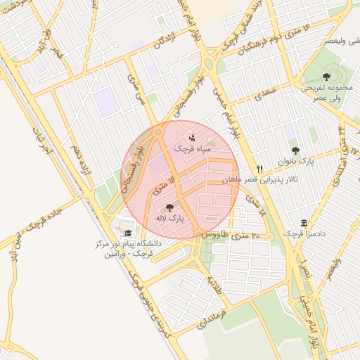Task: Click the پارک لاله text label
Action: [x=169, y=219]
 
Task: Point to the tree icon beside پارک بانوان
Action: [x=295, y=150]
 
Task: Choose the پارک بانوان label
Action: [x=295, y=162]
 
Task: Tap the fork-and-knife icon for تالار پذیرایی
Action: [x=260, y=169]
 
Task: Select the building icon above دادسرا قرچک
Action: [x=303, y=221]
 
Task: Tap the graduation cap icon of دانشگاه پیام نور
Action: [x=127, y=233]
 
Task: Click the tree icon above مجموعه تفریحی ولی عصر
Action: [x=325, y=76]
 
